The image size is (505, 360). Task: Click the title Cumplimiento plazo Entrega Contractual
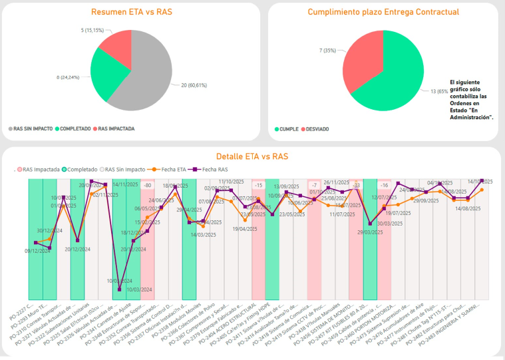pyautogui.click(x=383, y=12)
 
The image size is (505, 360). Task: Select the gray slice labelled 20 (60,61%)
pyautogui.click(x=140, y=80)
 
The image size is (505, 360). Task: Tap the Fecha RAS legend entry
pyautogui.click(x=211, y=170)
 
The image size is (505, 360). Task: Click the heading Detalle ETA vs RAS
pyautogui.click(x=252, y=156)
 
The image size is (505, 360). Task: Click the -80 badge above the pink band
pyautogui.click(x=147, y=186)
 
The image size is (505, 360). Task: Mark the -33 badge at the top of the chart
pyautogui.click(x=356, y=185)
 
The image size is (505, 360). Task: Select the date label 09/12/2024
pyautogui.click(x=37, y=251)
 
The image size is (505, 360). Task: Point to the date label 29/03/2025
pyautogui.click(x=370, y=232)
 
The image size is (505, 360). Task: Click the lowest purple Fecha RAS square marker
pyautogui.click(x=119, y=289)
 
